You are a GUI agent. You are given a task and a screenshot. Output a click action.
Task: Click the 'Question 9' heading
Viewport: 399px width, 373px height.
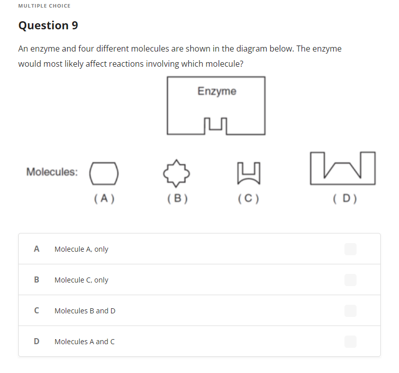(x=48, y=25)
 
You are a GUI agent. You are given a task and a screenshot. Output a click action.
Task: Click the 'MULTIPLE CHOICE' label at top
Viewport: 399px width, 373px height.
(x=44, y=6)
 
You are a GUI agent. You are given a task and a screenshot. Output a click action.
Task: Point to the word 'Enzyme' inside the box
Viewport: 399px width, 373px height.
(x=217, y=91)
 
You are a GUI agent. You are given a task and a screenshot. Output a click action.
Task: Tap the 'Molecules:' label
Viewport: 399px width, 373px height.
(x=52, y=172)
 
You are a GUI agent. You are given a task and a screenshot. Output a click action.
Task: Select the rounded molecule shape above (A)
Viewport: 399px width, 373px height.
(x=104, y=172)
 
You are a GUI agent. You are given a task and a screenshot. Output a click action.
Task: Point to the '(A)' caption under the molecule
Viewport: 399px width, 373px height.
(x=104, y=199)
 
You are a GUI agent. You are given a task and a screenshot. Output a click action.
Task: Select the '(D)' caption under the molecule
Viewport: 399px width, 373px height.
(x=345, y=199)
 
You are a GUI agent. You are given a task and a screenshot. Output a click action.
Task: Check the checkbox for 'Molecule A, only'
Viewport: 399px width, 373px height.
(x=350, y=249)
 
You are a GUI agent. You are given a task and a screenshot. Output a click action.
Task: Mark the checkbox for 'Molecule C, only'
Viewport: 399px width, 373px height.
(x=350, y=279)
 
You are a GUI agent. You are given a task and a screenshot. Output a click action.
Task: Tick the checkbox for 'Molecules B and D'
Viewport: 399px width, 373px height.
(x=350, y=311)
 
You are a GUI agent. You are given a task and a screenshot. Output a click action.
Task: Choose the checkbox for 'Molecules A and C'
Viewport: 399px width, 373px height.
(x=350, y=342)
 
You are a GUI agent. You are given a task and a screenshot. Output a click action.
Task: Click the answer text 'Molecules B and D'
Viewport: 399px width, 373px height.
(x=85, y=311)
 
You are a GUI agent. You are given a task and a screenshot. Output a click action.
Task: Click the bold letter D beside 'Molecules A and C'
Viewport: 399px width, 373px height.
(x=36, y=342)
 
